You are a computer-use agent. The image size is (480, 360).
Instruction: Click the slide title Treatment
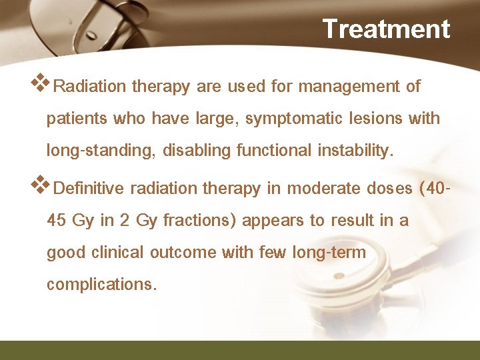point(386,29)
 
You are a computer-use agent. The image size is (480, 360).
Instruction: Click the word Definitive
point(89,189)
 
